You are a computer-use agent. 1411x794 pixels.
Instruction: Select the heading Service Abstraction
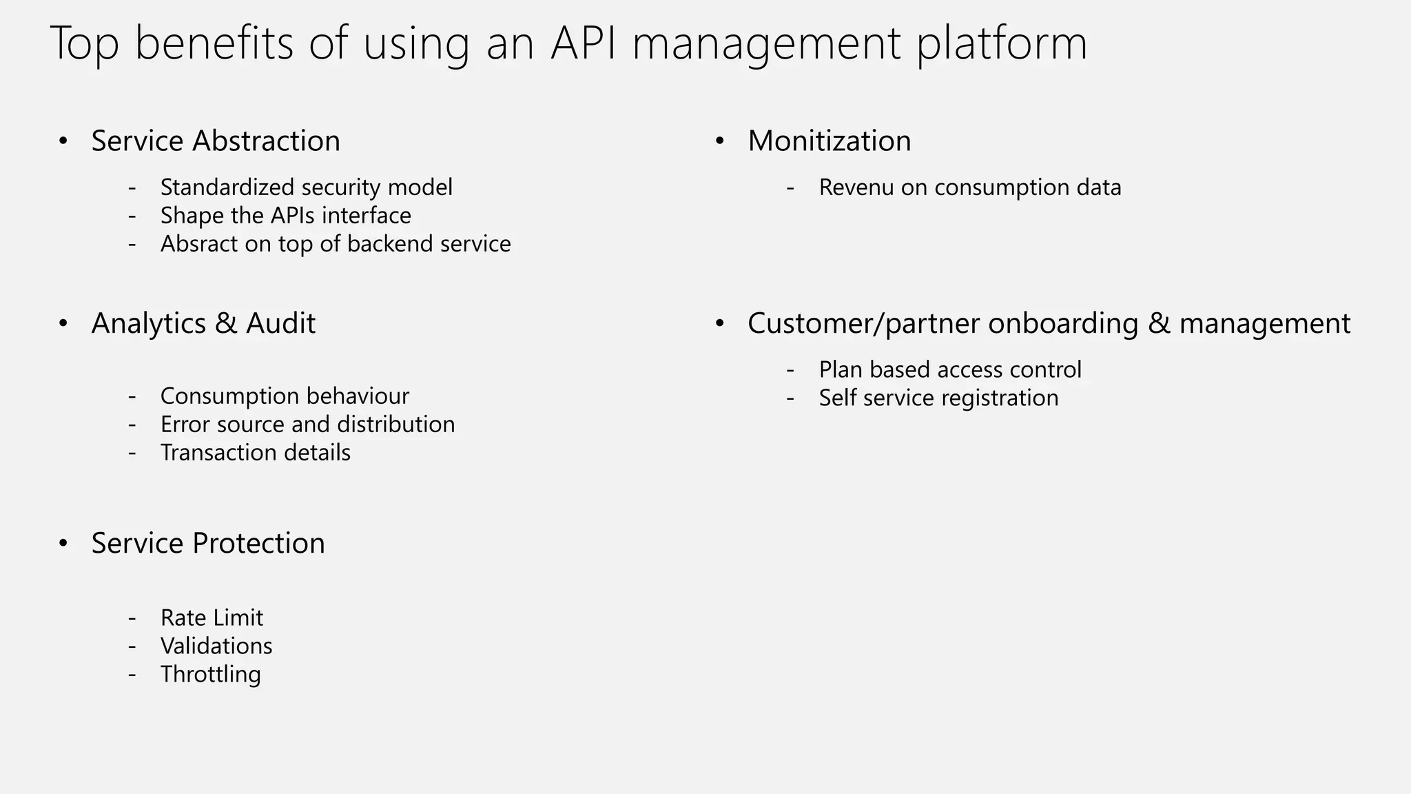click(216, 141)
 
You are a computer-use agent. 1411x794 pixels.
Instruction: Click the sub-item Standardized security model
click(307, 187)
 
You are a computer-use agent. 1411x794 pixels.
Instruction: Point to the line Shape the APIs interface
click(286, 216)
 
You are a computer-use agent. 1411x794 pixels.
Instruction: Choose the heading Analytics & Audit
click(203, 323)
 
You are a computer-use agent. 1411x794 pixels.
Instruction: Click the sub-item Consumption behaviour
click(285, 396)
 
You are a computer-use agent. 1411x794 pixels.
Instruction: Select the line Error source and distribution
click(307, 425)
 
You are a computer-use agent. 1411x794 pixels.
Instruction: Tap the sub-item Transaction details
click(256, 453)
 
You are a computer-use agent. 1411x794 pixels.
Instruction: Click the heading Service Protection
click(208, 543)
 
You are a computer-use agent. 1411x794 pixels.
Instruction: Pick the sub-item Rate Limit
click(212, 618)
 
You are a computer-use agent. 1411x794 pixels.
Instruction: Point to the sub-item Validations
click(216, 646)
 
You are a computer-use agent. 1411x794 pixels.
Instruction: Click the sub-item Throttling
click(211, 674)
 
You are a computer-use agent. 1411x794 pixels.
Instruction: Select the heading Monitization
click(830, 141)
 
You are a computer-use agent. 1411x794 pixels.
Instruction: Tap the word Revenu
click(856, 187)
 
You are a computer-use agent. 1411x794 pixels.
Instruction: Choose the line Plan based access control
click(950, 370)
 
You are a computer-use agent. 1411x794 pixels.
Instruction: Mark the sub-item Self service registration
click(938, 398)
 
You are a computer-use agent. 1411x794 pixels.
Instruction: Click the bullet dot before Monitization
click(720, 141)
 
